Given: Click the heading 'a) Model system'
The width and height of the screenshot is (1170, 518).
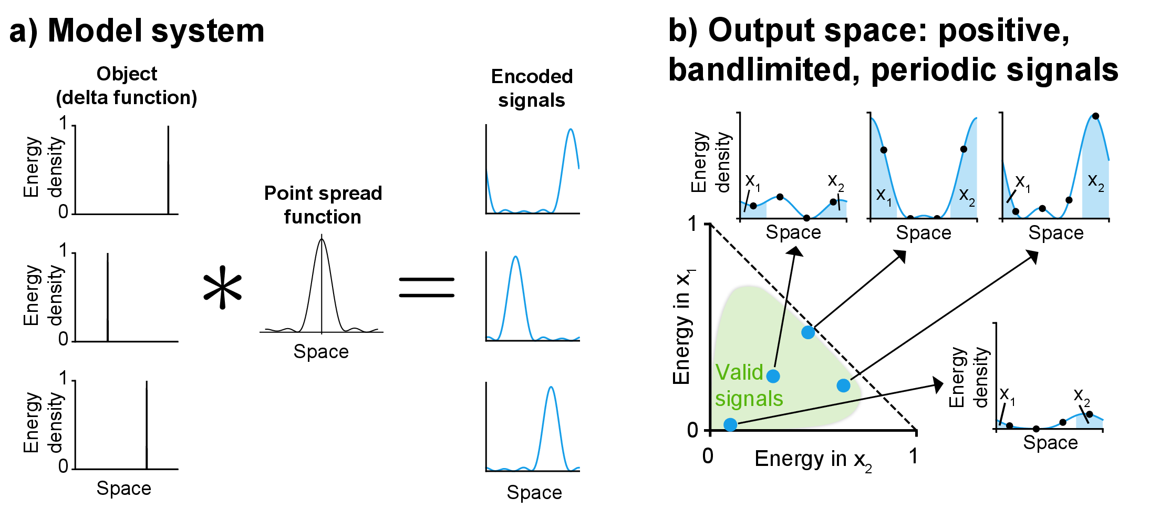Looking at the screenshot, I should click(x=137, y=31).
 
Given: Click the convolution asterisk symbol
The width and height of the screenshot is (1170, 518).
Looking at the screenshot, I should click(x=223, y=287).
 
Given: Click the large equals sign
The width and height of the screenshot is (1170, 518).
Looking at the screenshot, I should click(x=426, y=287).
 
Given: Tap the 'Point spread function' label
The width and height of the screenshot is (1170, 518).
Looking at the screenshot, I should click(x=323, y=205).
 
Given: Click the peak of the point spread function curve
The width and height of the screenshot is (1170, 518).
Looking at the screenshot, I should click(x=322, y=240).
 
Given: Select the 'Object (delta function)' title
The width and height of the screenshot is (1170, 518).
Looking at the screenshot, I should click(x=127, y=86).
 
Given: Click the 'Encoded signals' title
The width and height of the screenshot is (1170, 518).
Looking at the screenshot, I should click(x=532, y=88).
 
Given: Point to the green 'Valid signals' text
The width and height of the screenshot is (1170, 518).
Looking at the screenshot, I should click(x=748, y=385).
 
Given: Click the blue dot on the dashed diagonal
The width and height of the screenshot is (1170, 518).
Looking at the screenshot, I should click(x=808, y=332).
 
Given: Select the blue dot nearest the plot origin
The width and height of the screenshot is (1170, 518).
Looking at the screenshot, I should click(x=730, y=424).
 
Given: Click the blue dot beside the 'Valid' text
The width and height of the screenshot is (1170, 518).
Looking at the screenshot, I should click(x=773, y=376).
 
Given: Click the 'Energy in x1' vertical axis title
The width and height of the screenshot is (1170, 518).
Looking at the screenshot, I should click(x=682, y=326).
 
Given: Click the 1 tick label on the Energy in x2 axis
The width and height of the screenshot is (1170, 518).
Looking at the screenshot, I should click(x=914, y=456).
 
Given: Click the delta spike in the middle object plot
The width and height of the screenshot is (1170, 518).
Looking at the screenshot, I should click(x=108, y=297).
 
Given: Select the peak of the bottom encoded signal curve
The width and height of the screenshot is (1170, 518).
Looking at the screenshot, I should click(x=551, y=388).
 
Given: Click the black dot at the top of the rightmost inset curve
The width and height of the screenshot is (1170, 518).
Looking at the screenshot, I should click(x=1095, y=116).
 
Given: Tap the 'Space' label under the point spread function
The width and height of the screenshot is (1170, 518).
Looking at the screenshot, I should click(x=321, y=351).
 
